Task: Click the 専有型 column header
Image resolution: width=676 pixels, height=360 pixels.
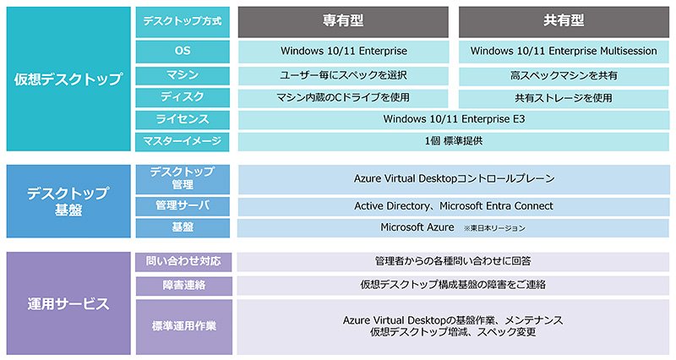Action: pos(343,22)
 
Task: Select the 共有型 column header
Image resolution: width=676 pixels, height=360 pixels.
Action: pos(564,22)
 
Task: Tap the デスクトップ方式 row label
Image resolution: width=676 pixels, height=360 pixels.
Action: pos(183,22)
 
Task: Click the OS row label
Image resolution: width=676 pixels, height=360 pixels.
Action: pos(183,52)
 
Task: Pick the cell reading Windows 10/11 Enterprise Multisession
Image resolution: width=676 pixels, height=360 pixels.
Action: pos(564,52)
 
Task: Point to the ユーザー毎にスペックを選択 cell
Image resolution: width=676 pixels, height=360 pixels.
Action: pos(343,76)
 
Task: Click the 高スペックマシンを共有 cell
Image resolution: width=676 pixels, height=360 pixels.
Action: pos(564,76)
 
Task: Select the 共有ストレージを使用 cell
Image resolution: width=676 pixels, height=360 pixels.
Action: pos(564,98)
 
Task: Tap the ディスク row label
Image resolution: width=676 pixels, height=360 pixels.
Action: pos(183,98)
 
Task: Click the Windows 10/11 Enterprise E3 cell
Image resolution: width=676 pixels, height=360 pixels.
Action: pos(454,120)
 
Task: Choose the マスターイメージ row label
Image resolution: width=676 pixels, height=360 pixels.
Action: pos(183,142)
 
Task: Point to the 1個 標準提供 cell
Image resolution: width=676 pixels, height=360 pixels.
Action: pos(454,142)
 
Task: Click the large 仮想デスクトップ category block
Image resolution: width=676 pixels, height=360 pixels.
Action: pos(68,79)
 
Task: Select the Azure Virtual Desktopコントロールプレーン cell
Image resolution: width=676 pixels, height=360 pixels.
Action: pos(454,179)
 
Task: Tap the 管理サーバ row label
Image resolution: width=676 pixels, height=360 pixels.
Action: pos(183,206)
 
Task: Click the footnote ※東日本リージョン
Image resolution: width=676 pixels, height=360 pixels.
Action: pos(494,228)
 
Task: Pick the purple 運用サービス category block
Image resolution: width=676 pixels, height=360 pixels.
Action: pos(68,303)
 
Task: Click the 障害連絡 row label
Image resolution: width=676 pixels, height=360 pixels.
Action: pos(183,286)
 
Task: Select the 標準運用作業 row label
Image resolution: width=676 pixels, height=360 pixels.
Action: pos(183,327)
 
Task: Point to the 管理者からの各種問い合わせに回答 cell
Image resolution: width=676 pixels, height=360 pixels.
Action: pos(453,262)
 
